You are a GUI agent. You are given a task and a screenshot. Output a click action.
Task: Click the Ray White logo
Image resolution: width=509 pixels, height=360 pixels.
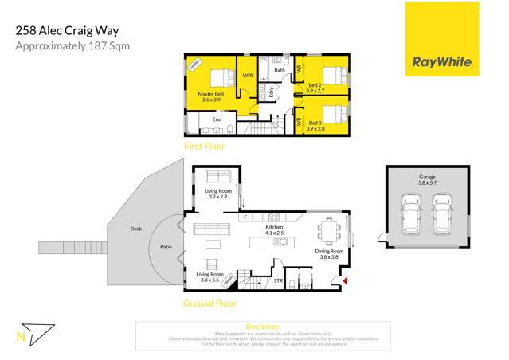[x=442, y=40]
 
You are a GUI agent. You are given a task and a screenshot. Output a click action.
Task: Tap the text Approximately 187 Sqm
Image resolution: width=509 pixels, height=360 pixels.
[x=72, y=46]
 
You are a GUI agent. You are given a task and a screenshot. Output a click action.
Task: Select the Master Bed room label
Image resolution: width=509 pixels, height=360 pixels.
[x=210, y=96]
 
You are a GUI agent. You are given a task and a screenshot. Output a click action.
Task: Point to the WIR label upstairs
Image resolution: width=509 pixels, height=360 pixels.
[x=248, y=76]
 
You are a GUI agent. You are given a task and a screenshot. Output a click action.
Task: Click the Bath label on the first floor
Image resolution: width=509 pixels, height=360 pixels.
[x=280, y=70]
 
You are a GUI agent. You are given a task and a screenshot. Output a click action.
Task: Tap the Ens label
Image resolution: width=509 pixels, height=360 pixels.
[x=216, y=119]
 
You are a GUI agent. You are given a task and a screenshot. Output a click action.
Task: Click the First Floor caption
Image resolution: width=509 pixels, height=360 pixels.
[x=205, y=147]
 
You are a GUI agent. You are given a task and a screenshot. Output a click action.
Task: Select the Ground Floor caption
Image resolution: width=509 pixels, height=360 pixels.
[x=210, y=303]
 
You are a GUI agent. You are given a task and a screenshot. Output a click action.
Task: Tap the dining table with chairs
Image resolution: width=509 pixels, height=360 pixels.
[x=329, y=231]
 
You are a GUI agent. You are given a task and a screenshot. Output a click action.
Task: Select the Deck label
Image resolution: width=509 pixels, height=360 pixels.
[x=135, y=229]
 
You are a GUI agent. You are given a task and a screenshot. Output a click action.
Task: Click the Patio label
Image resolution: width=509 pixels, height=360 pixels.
[x=166, y=248]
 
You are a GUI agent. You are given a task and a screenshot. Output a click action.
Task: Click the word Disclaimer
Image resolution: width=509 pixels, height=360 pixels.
[x=263, y=327]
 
